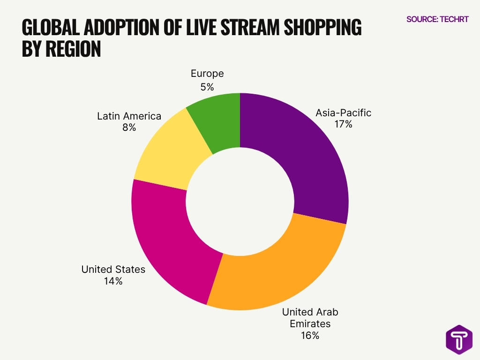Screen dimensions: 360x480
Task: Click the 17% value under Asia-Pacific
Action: point(343,124)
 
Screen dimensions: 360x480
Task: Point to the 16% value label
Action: point(310,336)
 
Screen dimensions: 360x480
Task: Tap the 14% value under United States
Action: point(113,281)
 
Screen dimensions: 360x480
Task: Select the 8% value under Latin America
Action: point(129,127)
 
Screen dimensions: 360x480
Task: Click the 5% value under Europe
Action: point(207,87)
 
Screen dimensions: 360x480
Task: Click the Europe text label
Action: point(207,74)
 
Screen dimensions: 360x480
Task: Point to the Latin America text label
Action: point(129,116)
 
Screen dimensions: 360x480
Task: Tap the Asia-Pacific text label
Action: point(343,113)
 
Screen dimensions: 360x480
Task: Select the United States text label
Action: point(113,270)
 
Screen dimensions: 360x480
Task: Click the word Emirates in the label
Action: point(310,324)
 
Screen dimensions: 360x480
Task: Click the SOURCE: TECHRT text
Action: point(437,20)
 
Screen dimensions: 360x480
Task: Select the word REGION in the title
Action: point(74,49)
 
